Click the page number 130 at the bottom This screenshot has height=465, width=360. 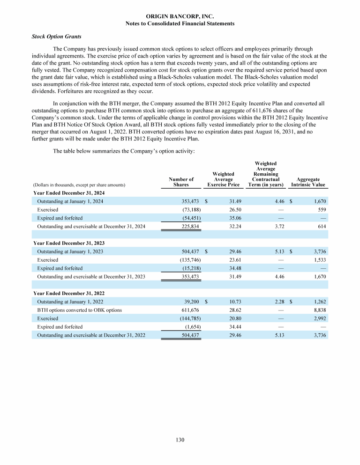coord(180,440)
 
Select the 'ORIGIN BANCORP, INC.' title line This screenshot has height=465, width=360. coord(180,16)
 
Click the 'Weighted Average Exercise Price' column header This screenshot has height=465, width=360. coord(223,179)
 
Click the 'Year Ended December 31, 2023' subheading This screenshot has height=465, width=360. coord(68,243)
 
